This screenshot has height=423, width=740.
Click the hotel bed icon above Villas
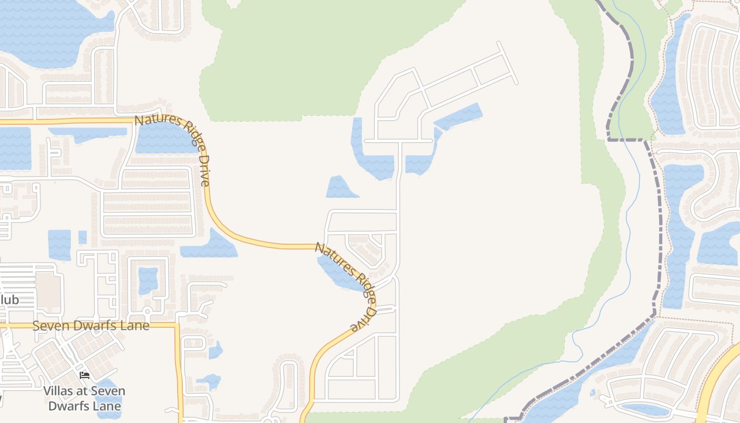coord(85,376)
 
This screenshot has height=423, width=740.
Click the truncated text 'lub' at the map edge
coord(10,300)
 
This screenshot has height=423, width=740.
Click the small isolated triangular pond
coord(341,189)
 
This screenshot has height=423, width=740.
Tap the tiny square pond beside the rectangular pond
coord(82,237)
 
